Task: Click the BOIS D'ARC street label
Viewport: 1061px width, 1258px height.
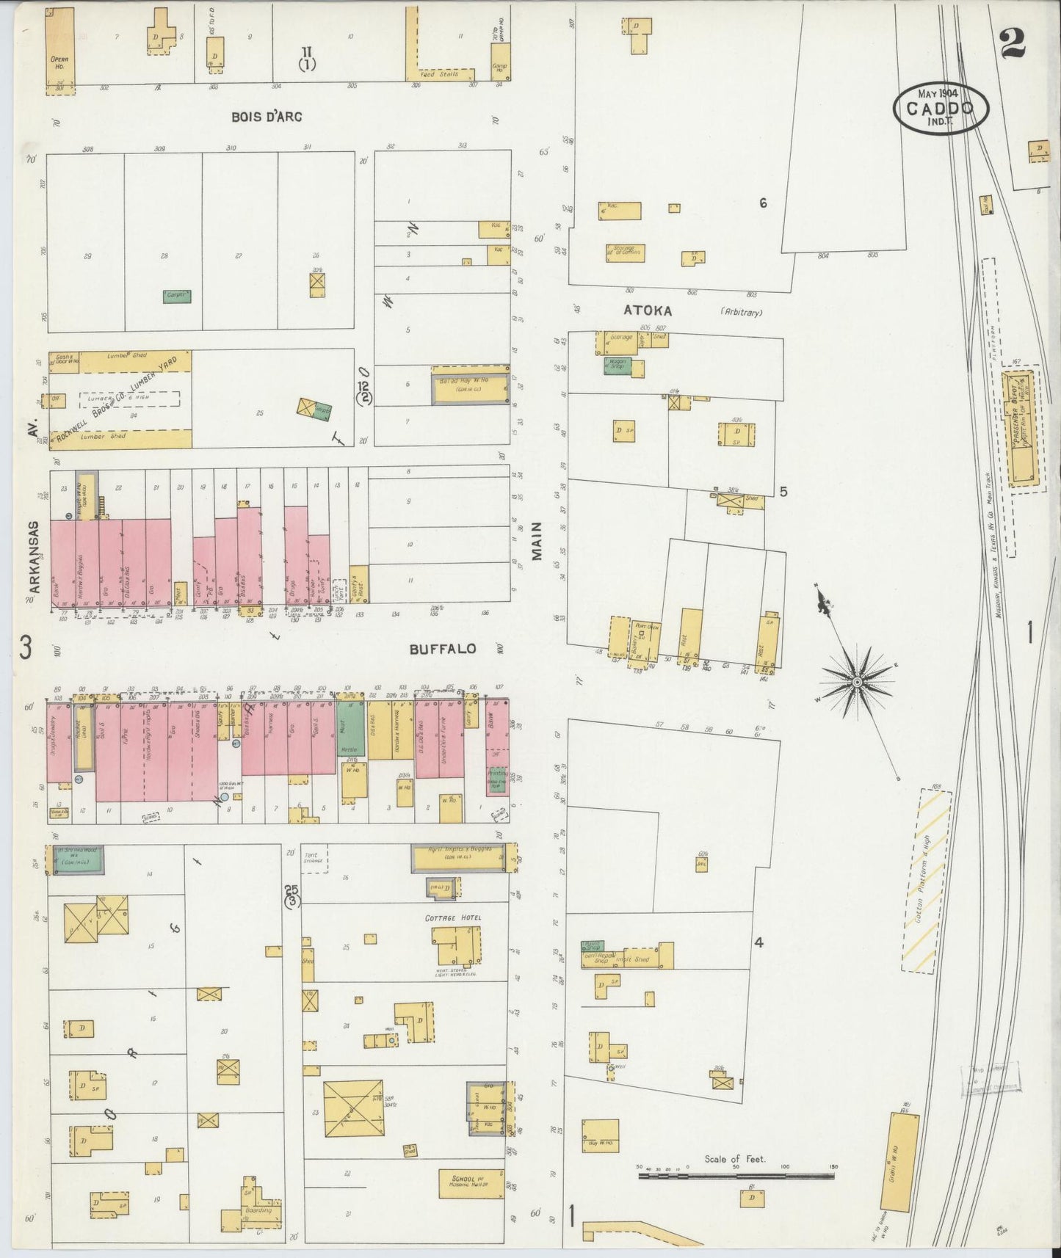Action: click(266, 117)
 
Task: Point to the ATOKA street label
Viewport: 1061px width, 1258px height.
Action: click(648, 310)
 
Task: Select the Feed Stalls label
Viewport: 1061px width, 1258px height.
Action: click(438, 74)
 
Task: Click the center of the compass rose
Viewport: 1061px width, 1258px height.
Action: click(856, 683)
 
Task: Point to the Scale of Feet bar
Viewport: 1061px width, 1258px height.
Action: click(736, 1175)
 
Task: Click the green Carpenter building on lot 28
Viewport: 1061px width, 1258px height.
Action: click(177, 297)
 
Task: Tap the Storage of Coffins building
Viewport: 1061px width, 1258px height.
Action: click(624, 252)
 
